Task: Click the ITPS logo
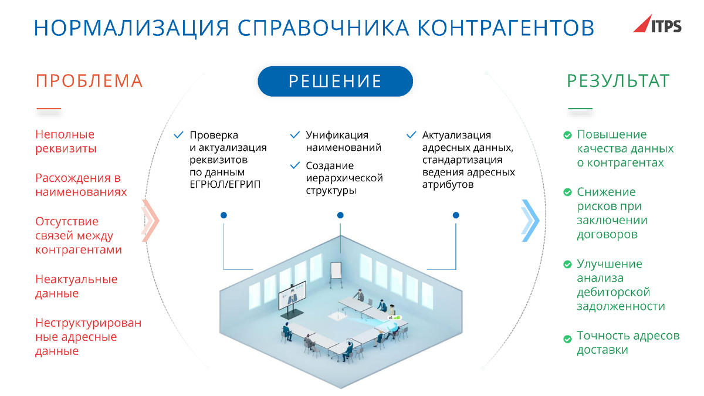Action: click(x=658, y=24)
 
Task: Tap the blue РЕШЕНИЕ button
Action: click(x=335, y=81)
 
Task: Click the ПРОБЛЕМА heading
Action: click(x=89, y=81)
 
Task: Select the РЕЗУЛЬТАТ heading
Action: click(x=618, y=81)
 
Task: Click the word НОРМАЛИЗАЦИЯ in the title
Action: click(x=131, y=28)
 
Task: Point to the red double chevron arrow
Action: click(x=150, y=221)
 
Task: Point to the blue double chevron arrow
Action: click(x=530, y=221)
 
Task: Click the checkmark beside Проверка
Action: click(x=178, y=135)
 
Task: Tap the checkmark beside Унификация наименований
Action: click(x=295, y=135)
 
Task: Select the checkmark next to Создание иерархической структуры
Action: click(x=295, y=165)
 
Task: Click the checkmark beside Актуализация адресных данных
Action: click(x=411, y=135)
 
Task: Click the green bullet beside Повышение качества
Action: click(x=567, y=135)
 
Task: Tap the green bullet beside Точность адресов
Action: click(x=567, y=339)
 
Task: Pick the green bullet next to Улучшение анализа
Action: click(x=567, y=265)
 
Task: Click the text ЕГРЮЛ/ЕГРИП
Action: click(x=225, y=184)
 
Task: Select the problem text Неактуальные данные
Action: click(x=76, y=286)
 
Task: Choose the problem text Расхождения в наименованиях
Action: click(x=81, y=185)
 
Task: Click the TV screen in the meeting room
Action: click(x=292, y=295)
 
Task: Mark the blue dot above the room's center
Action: click(x=340, y=215)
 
